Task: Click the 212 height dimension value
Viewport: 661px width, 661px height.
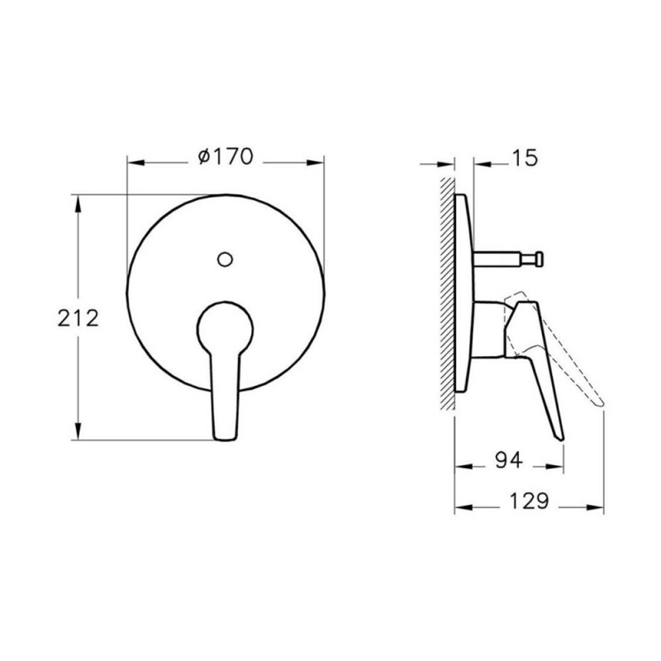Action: coord(80,317)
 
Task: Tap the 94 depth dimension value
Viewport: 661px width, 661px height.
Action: coord(510,461)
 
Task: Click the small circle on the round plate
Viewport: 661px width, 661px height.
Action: coord(224,258)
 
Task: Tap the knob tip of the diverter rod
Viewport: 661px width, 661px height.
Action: coord(539,259)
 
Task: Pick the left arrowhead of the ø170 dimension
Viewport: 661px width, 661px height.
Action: coord(132,161)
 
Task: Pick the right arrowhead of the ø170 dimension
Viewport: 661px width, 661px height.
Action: coord(317,161)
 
